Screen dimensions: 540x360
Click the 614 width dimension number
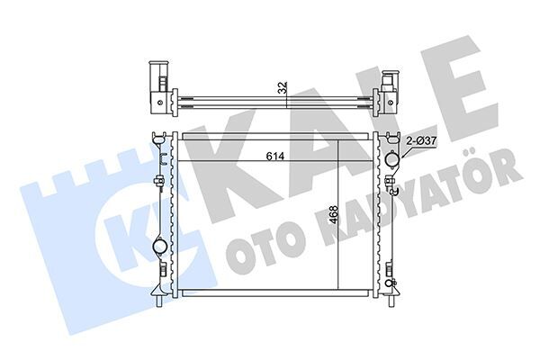tap(275, 157)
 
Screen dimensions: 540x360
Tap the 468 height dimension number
tap(333, 214)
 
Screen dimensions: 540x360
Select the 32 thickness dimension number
tap(283, 88)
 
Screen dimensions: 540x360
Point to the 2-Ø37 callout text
tap(421, 141)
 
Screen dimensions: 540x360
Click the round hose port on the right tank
tap(393, 159)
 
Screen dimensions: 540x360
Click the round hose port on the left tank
tap(160, 246)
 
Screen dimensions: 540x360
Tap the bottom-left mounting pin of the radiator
tap(160, 301)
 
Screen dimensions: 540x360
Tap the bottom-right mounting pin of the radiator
tap(391, 301)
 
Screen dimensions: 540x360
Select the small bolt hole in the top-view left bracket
tap(159, 103)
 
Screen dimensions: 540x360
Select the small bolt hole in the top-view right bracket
tap(390, 103)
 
